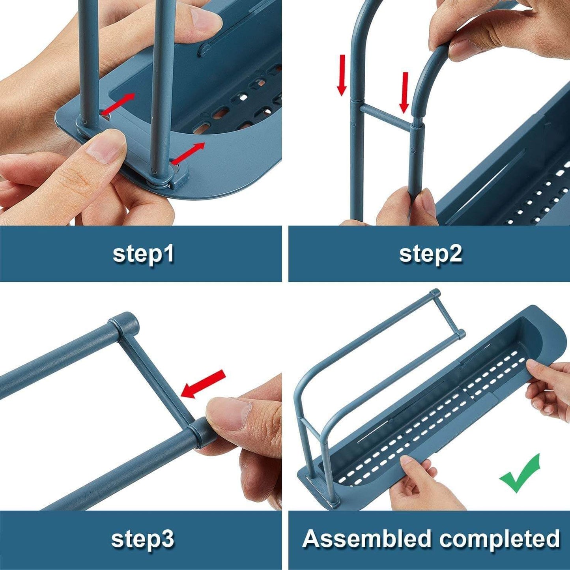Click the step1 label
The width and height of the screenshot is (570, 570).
(x=143, y=254)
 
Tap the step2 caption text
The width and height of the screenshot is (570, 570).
(x=430, y=254)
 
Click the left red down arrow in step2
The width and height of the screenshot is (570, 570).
(x=342, y=75)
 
